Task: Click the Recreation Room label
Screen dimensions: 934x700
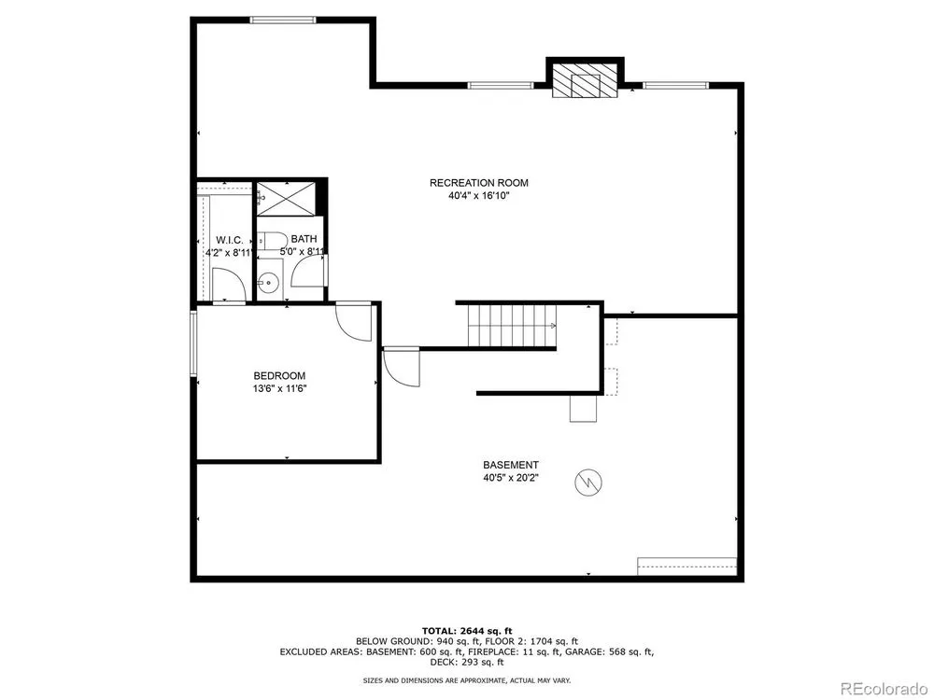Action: [x=479, y=183]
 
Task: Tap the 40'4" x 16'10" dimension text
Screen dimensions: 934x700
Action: [x=479, y=195]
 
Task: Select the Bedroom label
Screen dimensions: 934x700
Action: [x=279, y=375]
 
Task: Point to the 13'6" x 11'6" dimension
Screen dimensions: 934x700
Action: [x=279, y=388]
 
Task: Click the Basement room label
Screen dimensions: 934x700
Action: [x=511, y=465]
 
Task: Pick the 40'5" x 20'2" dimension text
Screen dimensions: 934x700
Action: [x=511, y=477]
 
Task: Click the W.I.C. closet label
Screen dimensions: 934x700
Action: [x=230, y=240]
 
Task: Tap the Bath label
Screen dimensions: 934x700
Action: [x=304, y=239]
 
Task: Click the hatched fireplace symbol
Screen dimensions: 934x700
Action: [x=585, y=80]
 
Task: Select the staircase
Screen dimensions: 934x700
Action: [x=512, y=325]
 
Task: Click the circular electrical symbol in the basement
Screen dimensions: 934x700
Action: [x=587, y=483]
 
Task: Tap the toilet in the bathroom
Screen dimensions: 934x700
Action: [x=272, y=241]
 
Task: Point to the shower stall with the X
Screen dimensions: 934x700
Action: [x=285, y=199]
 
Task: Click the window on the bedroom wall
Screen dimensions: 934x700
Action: [x=193, y=343]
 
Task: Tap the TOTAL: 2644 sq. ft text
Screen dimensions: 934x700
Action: [x=467, y=631]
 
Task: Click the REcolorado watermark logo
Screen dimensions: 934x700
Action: [x=884, y=688]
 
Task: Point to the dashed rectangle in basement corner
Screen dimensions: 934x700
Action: [x=686, y=567]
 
